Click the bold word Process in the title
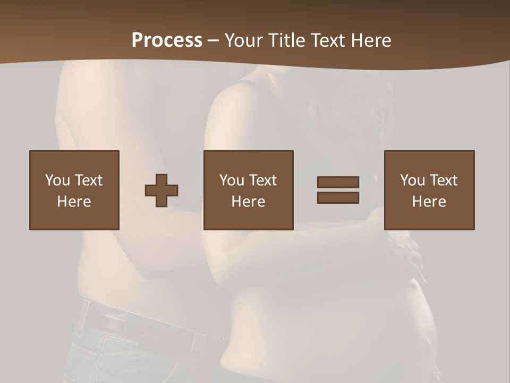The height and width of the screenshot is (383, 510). click(167, 40)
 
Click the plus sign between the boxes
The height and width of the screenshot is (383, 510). click(161, 190)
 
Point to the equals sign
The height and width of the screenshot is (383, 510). click(338, 190)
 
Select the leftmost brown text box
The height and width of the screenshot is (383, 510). click(74, 190)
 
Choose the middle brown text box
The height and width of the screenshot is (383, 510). click(249, 190)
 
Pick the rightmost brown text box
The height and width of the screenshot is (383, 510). click(429, 190)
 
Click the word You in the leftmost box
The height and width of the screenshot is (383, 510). click(57, 180)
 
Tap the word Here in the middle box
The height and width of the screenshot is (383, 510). click(249, 202)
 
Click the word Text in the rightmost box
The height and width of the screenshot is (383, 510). click(444, 180)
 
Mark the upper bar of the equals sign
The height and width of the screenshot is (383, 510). click(338, 182)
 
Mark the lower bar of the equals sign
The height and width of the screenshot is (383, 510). click(338, 198)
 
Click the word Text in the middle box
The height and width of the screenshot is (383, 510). click(263, 180)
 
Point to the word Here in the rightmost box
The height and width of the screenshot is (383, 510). click(429, 202)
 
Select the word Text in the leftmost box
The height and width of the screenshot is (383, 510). click(89, 180)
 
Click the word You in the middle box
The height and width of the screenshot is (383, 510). click(232, 180)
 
